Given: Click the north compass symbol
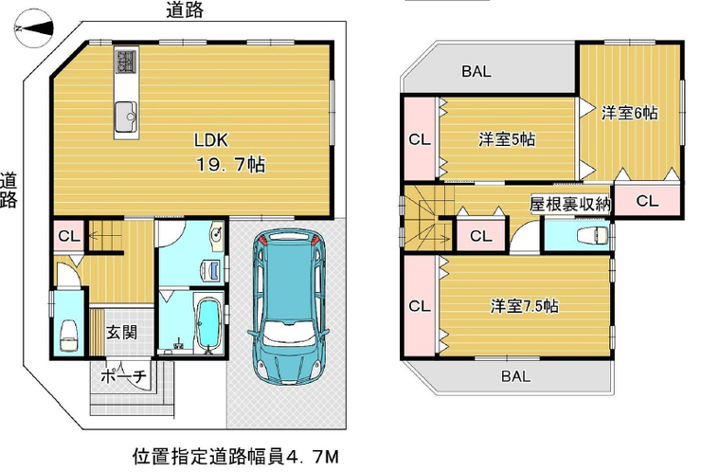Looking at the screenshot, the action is (34, 28).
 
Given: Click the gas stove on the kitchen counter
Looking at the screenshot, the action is (127, 61).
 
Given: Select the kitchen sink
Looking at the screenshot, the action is (127, 117).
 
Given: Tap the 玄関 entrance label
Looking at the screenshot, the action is (121, 333).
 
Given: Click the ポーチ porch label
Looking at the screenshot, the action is (123, 376).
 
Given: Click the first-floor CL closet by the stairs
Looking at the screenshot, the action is (69, 236).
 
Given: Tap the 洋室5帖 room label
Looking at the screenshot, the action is (507, 140).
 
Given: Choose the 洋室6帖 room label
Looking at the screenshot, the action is (629, 113).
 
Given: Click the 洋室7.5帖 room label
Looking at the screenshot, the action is (525, 306).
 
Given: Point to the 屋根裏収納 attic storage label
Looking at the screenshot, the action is (570, 204).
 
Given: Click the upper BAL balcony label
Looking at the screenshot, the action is (476, 71).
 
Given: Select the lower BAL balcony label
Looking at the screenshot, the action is (516, 376).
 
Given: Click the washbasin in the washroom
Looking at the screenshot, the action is (217, 234).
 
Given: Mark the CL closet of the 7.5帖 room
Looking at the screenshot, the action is (420, 306).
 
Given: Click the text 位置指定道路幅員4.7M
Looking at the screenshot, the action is (236, 457).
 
